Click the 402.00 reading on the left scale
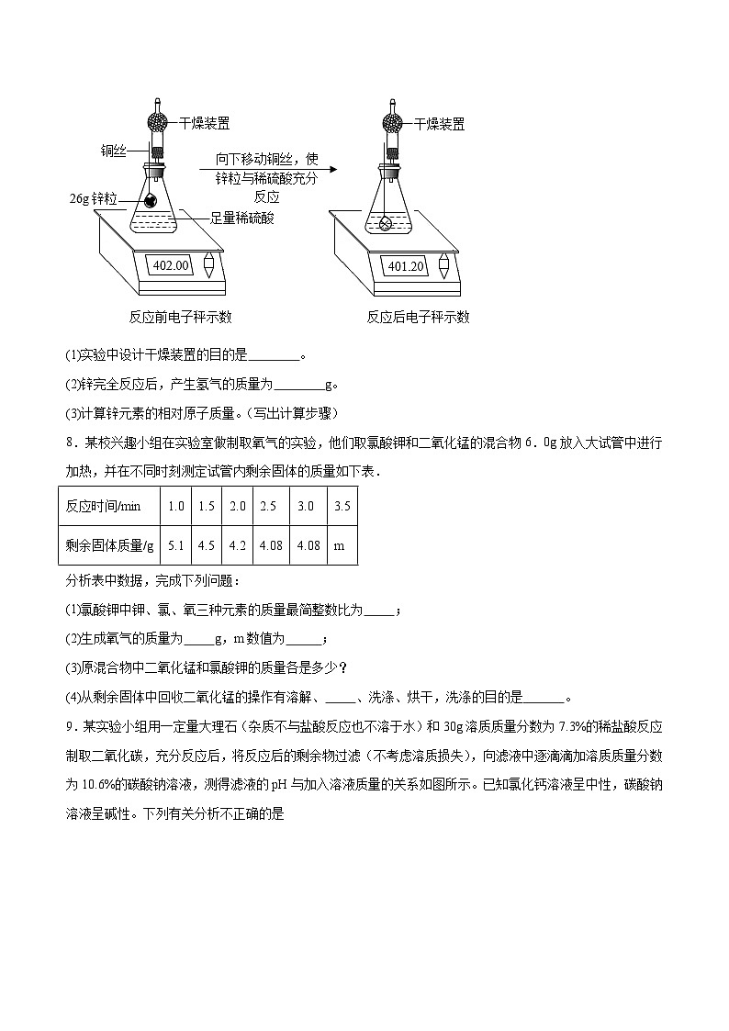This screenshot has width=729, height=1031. [x=171, y=265]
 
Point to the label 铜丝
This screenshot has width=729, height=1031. [x=113, y=151]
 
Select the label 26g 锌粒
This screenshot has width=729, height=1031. [x=94, y=198]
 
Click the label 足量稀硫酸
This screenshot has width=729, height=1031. [x=241, y=218]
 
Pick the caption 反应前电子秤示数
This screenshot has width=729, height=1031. [x=180, y=317]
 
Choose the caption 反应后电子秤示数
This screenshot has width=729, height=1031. [x=418, y=317]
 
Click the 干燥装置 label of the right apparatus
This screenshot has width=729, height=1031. [x=439, y=123]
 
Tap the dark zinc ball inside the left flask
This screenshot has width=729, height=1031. [x=150, y=199]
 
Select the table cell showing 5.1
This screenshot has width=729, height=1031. [x=176, y=545]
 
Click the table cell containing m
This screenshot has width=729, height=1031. [x=340, y=545]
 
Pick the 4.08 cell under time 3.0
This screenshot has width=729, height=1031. [x=307, y=545]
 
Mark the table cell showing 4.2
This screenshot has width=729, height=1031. [x=238, y=545]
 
